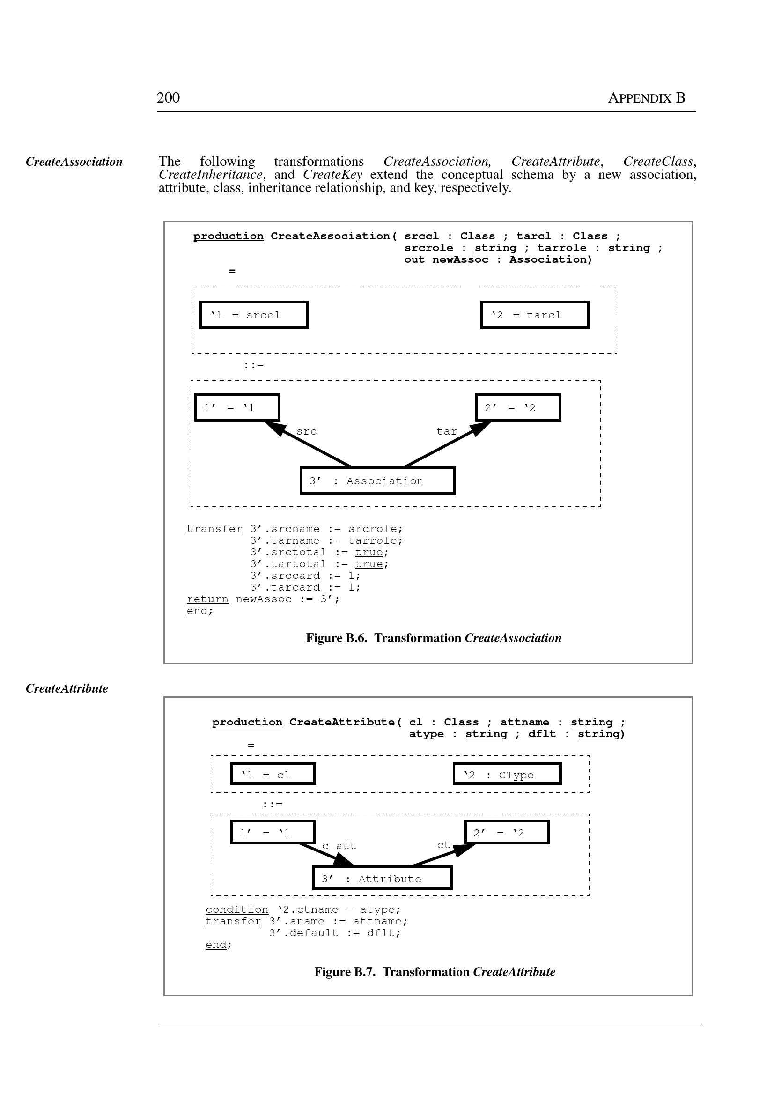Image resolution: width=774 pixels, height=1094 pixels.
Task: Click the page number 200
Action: [x=168, y=98]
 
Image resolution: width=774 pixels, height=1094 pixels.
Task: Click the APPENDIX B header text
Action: [x=646, y=98]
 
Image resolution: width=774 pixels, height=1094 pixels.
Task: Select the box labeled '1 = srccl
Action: [x=254, y=315]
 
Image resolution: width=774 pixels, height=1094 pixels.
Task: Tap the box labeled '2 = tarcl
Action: [x=535, y=315]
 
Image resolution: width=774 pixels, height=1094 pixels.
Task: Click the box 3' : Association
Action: [x=377, y=480]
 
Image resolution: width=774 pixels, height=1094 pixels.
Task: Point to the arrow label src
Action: [x=306, y=432]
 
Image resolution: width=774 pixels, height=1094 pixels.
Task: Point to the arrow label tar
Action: [x=447, y=432]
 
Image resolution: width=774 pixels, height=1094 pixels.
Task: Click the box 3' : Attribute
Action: [x=382, y=879]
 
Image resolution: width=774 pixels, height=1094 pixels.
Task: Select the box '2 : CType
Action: [x=507, y=774]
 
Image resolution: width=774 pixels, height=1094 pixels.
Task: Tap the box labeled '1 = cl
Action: [x=273, y=774]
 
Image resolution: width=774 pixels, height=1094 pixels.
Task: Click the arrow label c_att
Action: [x=339, y=846]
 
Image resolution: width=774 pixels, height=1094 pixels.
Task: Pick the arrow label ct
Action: [x=443, y=845]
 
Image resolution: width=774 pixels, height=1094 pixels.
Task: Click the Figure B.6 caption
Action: [x=433, y=638]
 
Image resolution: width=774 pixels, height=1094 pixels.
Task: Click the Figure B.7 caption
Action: [x=434, y=972]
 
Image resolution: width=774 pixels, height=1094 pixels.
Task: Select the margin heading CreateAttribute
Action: [x=66, y=688]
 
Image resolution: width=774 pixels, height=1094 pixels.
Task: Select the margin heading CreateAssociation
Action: [x=74, y=162]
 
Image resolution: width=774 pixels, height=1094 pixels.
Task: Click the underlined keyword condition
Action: [x=237, y=910]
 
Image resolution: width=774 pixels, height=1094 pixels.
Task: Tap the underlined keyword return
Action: [x=207, y=599]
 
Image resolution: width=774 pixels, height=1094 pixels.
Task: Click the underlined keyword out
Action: [x=414, y=260]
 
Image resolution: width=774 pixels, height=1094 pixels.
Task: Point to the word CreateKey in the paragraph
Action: [x=332, y=175]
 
